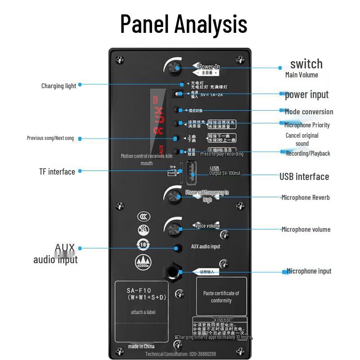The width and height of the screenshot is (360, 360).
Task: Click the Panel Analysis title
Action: [184, 24]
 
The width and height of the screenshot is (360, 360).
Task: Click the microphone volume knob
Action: [173, 229]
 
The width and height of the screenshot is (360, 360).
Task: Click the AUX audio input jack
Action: [179, 248]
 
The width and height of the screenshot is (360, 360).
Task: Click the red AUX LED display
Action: [158, 121]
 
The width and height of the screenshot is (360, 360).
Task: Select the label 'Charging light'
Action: [58, 85]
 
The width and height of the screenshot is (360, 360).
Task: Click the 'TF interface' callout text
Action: [57, 171]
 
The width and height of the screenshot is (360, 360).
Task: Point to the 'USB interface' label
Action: [304, 176]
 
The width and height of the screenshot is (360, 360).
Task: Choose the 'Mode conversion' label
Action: [309, 112]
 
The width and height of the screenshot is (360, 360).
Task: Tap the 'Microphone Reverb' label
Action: [306, 197]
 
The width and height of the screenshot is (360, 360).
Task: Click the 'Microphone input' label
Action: [309, 271]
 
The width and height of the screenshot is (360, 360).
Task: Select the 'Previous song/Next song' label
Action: [50, 138]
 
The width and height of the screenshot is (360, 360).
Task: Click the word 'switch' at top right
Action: [306, 63]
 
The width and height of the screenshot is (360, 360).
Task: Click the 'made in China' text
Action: [141, 346]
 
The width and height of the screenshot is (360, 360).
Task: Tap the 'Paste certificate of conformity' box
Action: [221, 297]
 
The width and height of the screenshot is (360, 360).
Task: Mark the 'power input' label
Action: [306, 94]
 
